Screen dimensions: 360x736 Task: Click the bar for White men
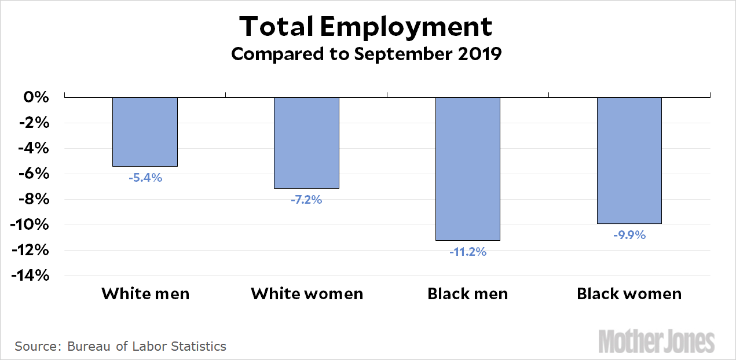click(x=145, y=132)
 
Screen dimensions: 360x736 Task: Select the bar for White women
click(x=306, y=143)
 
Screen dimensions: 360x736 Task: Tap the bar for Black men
click(x=468, y=168)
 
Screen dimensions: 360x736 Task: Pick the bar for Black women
click(x=629, y=160)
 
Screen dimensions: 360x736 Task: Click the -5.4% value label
click(x=145, y=178)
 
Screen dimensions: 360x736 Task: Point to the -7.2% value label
click(x=306, y=200)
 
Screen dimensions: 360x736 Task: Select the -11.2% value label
click(x=467, y=252)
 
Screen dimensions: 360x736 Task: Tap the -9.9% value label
click(x=629, y=235)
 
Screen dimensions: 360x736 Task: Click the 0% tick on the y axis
click(x=36, y=97)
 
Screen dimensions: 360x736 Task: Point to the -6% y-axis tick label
click(x=33, y=174)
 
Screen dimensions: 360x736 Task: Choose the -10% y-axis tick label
click(x=30, y=225)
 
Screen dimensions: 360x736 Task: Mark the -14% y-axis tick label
click(x=30, y=275)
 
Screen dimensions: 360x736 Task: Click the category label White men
click(x=145, y=293)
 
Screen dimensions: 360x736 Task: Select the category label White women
click(x=307, y=293)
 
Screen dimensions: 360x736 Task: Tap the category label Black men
click(x=467, y=293)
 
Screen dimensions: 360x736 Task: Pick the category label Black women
click(x=629, y=293)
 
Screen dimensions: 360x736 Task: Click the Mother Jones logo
click(x=656, y=341)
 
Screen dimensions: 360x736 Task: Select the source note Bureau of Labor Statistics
click(x=120, y=347)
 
